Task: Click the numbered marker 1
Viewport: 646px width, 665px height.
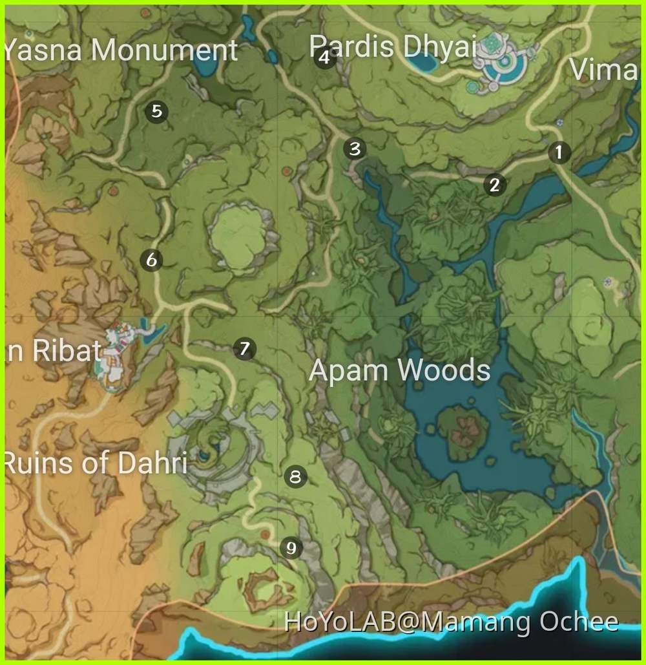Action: point(559,153)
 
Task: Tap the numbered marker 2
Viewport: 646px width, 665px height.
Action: point(495,185)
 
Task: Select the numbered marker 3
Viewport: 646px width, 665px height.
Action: point(355,149)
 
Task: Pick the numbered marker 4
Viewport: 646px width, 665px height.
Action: point(325,59)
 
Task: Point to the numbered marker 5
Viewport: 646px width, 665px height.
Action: point(156,112)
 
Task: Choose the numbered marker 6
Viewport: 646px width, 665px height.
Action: point(152,260)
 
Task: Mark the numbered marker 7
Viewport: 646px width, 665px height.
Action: point(244,349)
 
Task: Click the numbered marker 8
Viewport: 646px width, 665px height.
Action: point(296,478)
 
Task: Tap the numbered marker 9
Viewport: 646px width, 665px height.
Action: point(291,549)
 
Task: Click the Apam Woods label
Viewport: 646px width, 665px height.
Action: point(399,371)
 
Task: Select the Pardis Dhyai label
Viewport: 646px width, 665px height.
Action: point(392,47)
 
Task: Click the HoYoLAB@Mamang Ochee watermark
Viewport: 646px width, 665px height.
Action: point(451,622)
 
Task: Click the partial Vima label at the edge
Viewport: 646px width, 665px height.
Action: point(603,69)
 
